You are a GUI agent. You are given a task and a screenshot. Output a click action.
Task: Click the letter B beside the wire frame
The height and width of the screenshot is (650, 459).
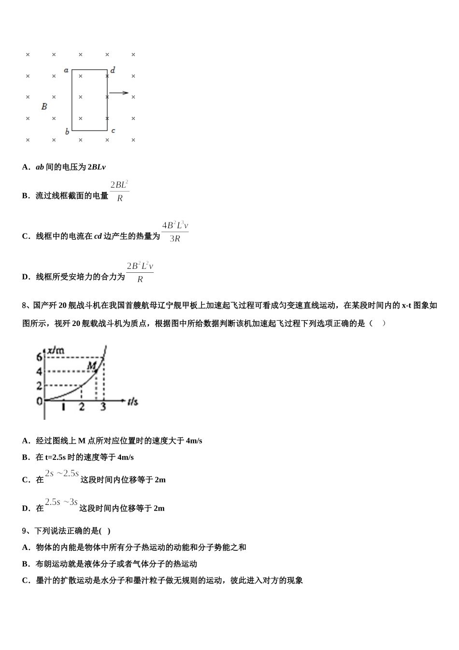tap(44, 106)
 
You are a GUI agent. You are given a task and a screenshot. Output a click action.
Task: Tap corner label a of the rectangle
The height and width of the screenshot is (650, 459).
tap(66, 70)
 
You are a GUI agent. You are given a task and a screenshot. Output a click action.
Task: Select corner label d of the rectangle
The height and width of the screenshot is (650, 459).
tap(113, 70)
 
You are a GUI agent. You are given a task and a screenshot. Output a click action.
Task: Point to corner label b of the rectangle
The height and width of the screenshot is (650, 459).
tap(67, 132)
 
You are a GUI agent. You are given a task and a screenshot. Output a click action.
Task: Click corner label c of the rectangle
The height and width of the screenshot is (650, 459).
tap(113, 131)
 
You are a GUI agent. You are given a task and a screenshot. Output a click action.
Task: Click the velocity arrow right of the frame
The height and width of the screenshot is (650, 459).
tap(119, 93)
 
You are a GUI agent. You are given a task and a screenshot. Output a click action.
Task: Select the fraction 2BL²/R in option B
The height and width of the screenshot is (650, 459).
tap(119, 191)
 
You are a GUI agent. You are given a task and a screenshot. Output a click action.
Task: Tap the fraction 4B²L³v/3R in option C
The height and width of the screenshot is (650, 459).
tap(175, 232)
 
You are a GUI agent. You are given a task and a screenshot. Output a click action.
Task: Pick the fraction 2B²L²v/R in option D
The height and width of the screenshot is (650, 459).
tap(140, 272)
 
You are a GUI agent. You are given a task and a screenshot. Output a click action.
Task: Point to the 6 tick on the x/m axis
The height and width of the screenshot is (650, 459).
tap(40, 357)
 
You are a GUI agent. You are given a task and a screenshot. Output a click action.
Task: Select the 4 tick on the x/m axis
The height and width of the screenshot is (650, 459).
tap(40, 372)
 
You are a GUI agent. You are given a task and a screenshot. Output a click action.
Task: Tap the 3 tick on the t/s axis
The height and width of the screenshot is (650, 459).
tap(103, 407)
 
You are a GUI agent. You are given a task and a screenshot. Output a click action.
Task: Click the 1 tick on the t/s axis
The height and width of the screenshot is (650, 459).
tap(63, 407)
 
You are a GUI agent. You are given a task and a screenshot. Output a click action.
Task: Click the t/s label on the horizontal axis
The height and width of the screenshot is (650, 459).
tap(133, 401)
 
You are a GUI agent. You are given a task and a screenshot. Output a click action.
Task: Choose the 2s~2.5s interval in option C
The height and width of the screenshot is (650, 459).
tap(62, 473)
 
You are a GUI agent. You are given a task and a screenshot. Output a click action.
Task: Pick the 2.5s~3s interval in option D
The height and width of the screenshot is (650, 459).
tap(61, 502)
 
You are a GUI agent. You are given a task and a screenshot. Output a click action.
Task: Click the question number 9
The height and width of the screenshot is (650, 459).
tap(26, 531)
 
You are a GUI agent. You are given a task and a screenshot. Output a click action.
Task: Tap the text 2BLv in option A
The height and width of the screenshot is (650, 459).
tap(96, 167)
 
